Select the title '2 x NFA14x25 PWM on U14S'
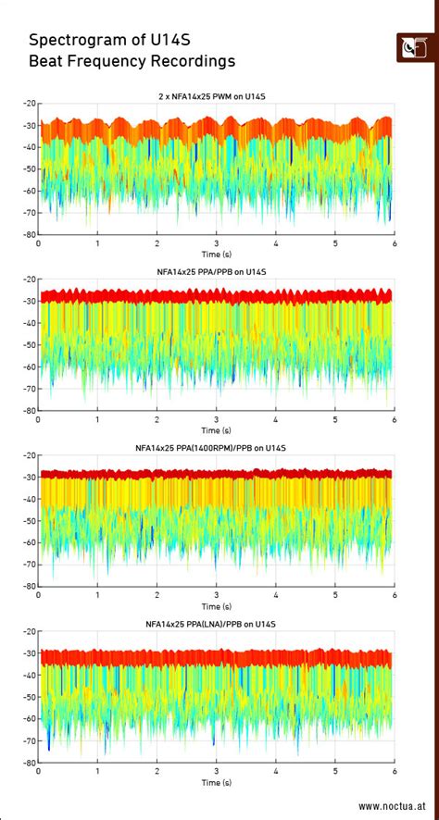tap(216, 96)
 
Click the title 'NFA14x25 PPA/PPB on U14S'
tap(216, 272)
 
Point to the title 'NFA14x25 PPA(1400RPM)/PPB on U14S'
tap(216, 448)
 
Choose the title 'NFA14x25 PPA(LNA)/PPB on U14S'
tap(216, 624)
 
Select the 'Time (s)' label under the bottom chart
tap(216, 782)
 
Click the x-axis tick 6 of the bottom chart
tap(395, 771)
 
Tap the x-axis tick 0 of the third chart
tap(38, 595)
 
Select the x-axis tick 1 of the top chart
tap(97, 243)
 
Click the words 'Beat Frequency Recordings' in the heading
tap(132, 61)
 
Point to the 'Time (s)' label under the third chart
tap(216, 606)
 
